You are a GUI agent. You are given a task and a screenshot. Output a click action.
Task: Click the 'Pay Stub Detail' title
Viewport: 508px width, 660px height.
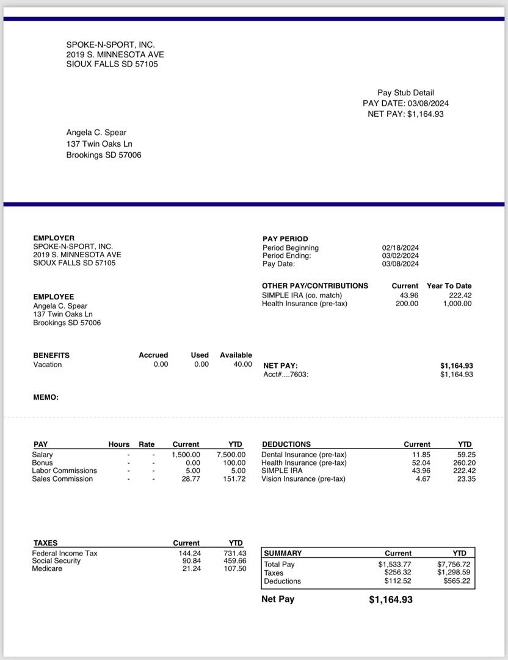click(405, 93)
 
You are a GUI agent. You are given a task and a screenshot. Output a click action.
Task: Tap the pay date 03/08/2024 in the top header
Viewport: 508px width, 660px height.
click(428, 103)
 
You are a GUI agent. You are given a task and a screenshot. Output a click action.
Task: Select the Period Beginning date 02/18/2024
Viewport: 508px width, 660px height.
click(400, 248)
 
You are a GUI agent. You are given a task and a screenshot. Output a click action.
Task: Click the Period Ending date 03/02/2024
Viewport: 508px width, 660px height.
click(400, 255)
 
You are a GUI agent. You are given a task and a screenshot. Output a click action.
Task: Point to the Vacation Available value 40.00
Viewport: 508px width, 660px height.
click(242, 364)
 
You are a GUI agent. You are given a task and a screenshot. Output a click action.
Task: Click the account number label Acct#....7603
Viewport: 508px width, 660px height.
click(286, 374)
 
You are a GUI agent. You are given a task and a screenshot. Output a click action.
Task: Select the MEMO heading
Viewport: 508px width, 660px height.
click(46, 397)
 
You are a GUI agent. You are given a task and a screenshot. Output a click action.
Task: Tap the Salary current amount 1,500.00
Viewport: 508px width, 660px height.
click(186, 455)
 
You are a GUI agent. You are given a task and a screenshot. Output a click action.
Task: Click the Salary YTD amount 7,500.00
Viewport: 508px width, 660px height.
click(231, 455)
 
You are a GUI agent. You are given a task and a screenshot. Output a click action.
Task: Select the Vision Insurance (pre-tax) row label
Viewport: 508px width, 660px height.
click(303, 479)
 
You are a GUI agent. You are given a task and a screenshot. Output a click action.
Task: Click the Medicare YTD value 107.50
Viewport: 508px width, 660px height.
click(235, 568)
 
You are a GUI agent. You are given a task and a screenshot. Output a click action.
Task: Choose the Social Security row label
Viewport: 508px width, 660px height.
click(56, 560)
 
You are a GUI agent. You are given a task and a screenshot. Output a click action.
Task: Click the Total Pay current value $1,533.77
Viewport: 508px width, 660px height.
click(394, 564)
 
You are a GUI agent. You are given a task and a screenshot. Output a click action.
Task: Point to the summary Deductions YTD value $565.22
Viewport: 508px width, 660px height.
click(457, 581)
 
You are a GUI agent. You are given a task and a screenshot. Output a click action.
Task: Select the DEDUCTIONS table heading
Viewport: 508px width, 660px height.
click(286, 444)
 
